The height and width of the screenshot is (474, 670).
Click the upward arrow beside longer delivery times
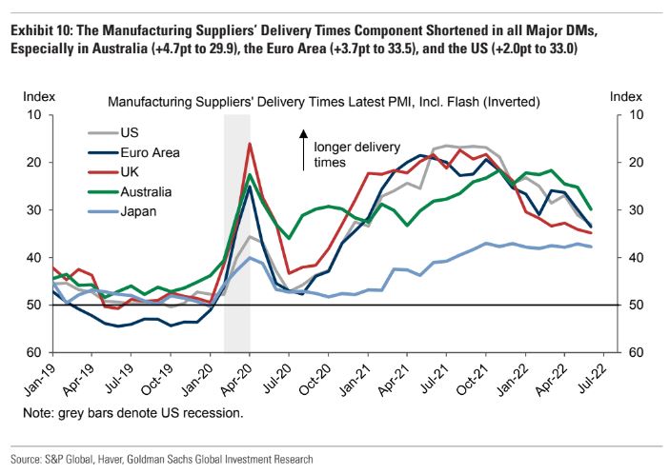click(304, 146)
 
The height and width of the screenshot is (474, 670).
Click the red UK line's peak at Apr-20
click(250, 144)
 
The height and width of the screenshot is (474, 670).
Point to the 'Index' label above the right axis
click(625, 96)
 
